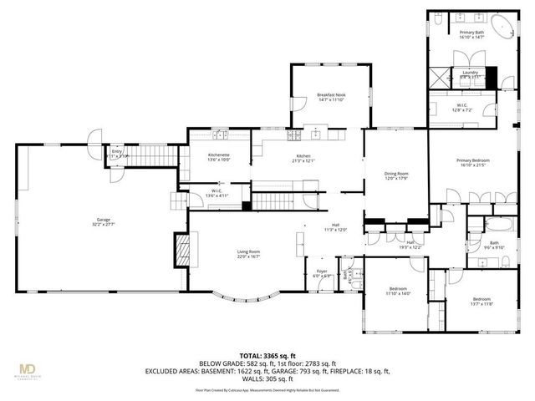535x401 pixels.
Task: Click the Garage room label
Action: click(x=103, y=223)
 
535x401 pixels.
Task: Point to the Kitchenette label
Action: click(x=219, y=157)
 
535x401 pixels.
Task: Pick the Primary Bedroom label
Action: click(x=472, y=162)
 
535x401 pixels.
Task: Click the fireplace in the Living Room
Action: click(x=181, y=249)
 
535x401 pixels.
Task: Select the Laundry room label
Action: click(x=470, y=74)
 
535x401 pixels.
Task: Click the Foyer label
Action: click(x=321, y=272)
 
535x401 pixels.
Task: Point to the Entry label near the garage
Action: click(x=117, y=153)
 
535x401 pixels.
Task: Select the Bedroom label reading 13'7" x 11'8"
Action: click(x=481, y=301)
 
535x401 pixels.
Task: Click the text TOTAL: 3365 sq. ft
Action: click(x=267, y=355)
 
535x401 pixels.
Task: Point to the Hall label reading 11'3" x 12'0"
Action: click(x=335, y=226)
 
